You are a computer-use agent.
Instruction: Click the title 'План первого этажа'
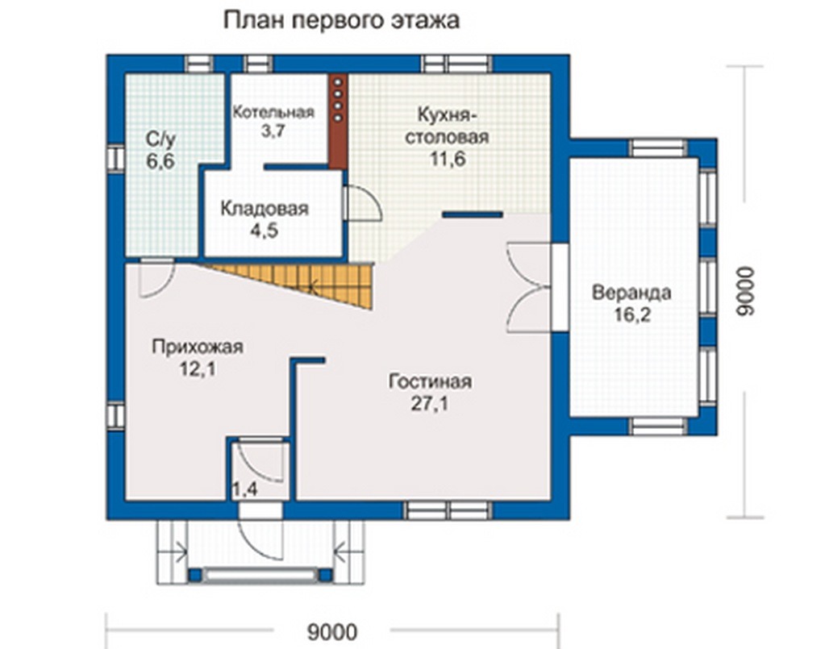click(x=342, y=21)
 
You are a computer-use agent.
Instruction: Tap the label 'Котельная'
click(x=274, y=112)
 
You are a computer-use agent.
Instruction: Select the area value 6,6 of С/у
click(x=160, y=161)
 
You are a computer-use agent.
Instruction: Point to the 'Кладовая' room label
click(x=265, y=208)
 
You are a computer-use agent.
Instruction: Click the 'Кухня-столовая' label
click(x=447, y=125)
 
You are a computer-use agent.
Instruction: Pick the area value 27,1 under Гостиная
click(x=429, y=404)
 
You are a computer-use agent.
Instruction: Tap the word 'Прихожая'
click(x=198, y=347)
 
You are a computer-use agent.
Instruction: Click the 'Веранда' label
click(x=631, y=293)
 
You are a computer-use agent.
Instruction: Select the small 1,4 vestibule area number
click(x=245, y=490)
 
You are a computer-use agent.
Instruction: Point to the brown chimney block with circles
click(x=338, y=121)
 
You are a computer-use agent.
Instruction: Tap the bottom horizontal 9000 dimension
click(x=332, y=632)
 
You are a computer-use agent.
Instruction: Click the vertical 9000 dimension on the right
click(x=745, y=292)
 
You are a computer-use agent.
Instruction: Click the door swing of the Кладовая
click(x=362, y=202)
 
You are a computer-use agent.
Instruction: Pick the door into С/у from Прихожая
click(x=157, y=277)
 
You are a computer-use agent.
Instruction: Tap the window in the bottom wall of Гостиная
click(x=449, y=511)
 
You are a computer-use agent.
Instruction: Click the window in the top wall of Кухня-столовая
click(x=456, y=64)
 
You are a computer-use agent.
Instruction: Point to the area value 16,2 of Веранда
click(x=631, y=315)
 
